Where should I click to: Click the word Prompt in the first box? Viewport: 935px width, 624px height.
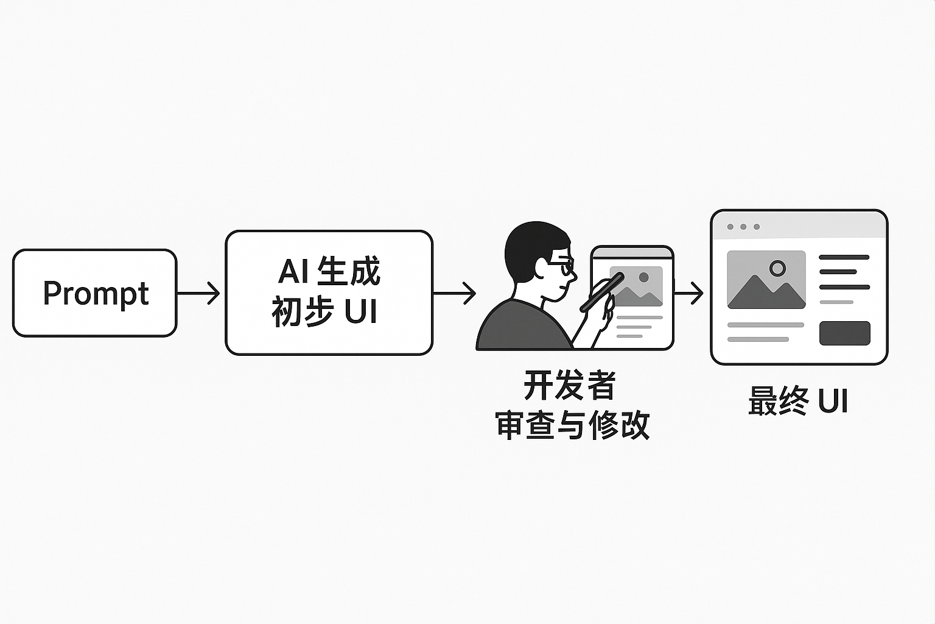[x=96, y=293]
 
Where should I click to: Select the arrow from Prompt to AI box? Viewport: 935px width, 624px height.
[x=198, y=293]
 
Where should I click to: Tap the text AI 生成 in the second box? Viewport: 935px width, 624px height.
[x=329, y=271]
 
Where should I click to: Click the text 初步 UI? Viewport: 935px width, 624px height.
[x=324, y=311]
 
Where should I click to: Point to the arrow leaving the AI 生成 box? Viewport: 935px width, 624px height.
[x=454, y=293]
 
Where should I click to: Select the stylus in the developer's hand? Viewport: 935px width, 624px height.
[x=601, y=292]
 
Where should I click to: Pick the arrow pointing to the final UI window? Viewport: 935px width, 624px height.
[x=688, y=293]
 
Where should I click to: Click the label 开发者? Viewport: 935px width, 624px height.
[x=570, y=385]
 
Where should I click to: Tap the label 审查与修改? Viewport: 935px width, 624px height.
[x=572, y=425]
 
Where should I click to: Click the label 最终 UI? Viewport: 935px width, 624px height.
[x=798, y=402]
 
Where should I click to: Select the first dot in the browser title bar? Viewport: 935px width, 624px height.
[x=730, y=227]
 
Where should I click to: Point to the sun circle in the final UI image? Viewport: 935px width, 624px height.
[x=777, y=268]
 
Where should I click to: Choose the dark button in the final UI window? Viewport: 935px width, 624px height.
[x=844, y=333]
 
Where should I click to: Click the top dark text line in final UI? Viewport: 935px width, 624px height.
[x=844, y=258]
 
